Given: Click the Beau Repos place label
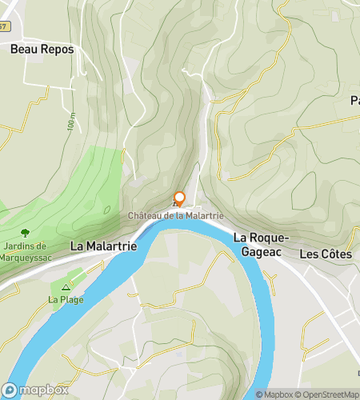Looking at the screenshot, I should pos(42,49).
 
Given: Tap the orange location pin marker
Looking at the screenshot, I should pos(179,198).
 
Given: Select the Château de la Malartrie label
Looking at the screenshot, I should pos(175,215).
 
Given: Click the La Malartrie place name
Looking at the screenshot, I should pos(103,246).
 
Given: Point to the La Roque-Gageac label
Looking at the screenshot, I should pos(259,245).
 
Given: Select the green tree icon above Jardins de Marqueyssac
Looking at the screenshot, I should pos(25,232).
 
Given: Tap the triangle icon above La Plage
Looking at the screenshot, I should pos(66,286).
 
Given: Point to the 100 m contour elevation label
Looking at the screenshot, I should pos(71,122).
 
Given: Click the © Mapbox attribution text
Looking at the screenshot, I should pos(274,394).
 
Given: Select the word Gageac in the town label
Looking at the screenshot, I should pos(259,251).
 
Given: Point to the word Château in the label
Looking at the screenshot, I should pos(142,215).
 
